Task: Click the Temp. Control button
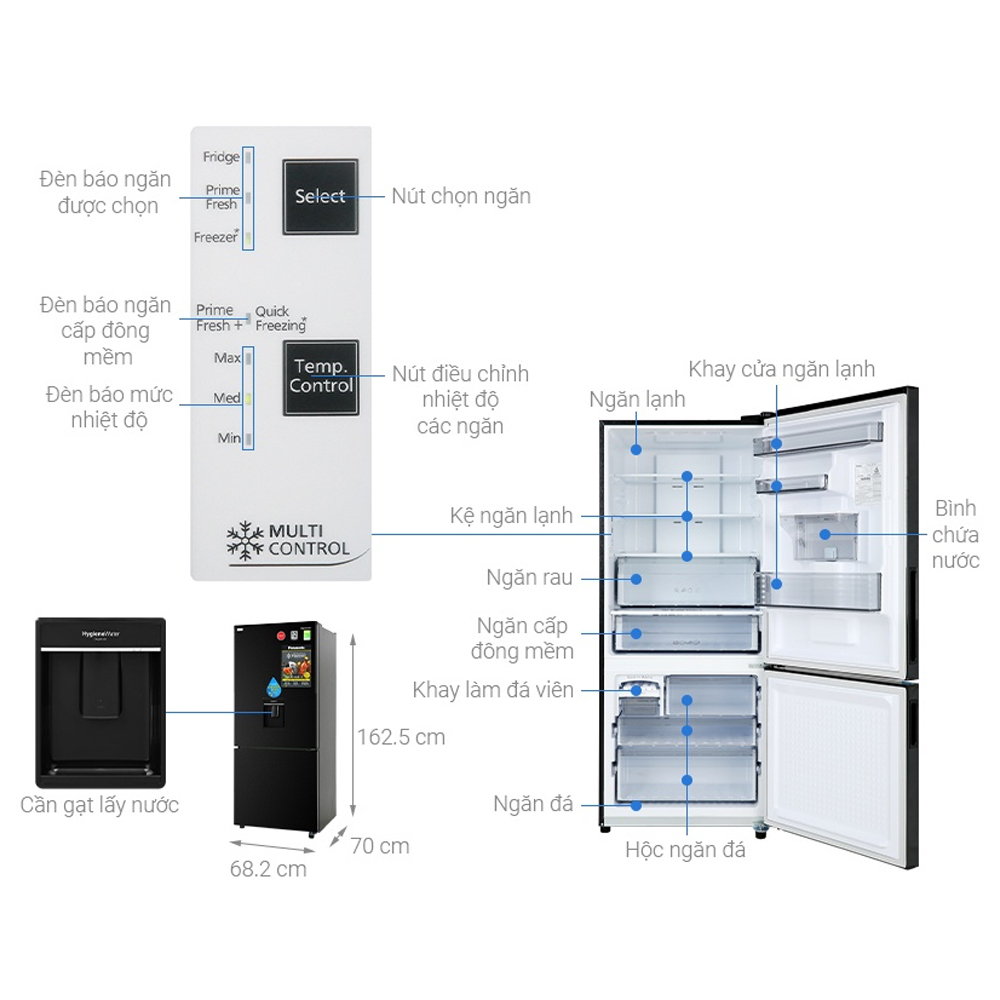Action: (320, 377)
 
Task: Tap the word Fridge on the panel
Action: (221, 157)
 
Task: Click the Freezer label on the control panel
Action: (217, 238)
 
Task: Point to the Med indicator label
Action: (227, 398)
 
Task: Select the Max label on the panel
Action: (227, 357)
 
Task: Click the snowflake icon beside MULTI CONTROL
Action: (245, 539)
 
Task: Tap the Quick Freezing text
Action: (280, 318)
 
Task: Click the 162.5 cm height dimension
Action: (401, 737)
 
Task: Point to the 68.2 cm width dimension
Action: (268, 869)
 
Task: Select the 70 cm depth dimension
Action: (380, 846)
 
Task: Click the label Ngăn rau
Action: (529, 578)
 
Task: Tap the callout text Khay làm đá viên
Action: (493, 690)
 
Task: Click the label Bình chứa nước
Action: (955, 534)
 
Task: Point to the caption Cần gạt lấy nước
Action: (99, 805)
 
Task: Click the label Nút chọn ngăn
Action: (461, 196)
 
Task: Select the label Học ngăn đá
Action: (685, 851)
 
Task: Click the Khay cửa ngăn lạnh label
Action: (781, 369)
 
